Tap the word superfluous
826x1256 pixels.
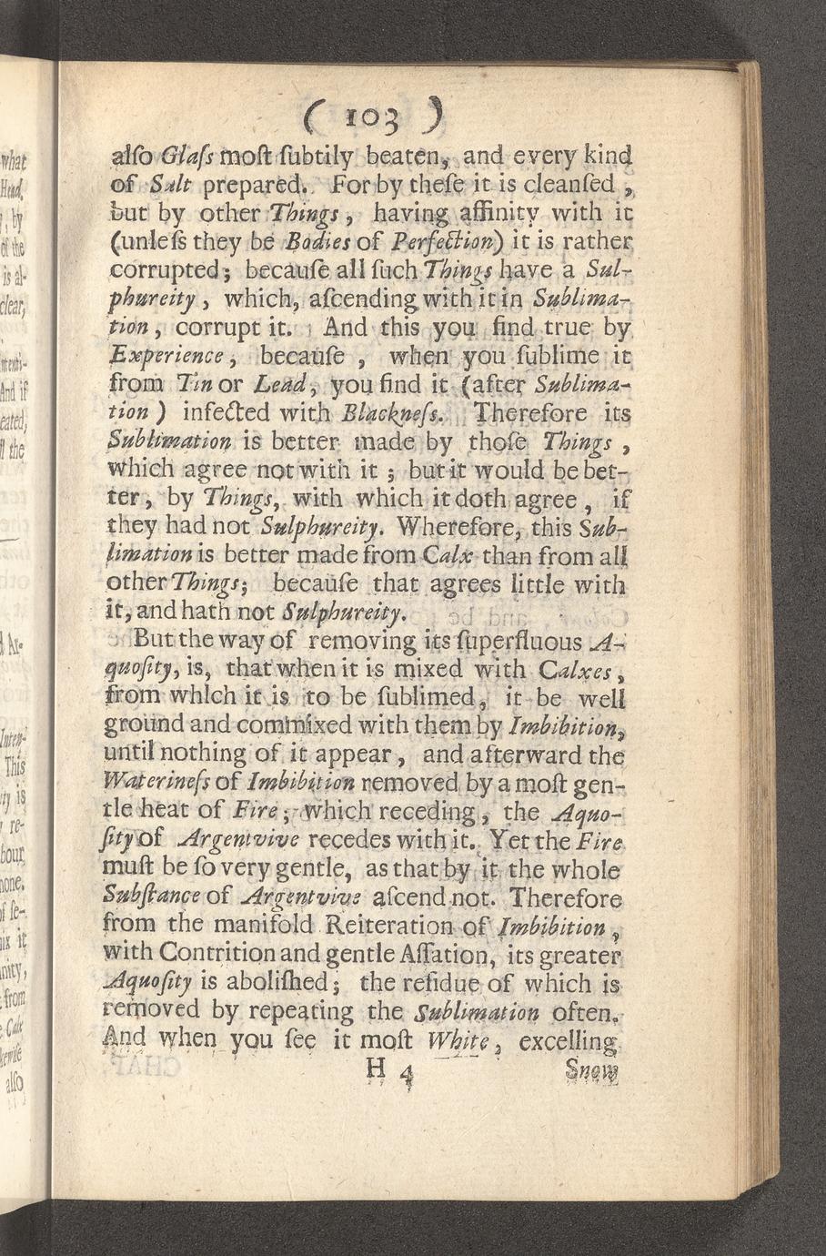coord(529,643)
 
